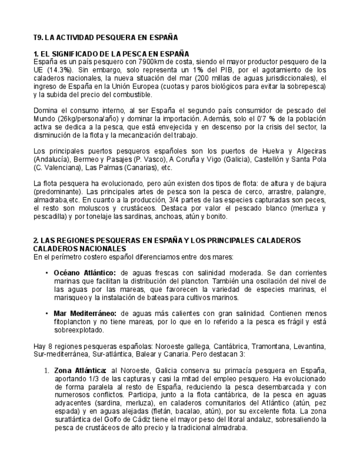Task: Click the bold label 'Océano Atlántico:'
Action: (85, 273)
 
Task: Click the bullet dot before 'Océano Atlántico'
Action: (46, 273)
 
